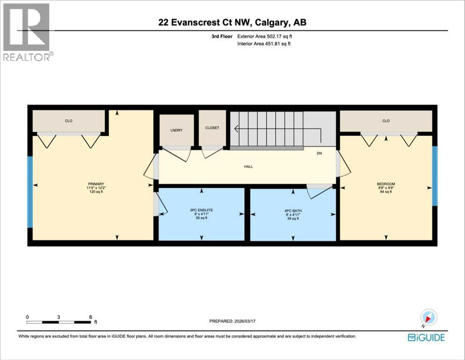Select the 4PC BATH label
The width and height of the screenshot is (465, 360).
pos(292,210)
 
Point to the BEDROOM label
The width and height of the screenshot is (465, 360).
pos(386,184)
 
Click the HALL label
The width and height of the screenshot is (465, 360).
pos(248,166)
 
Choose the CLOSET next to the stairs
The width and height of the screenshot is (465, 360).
pos(212,127)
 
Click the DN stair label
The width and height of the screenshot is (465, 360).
pos(319,153)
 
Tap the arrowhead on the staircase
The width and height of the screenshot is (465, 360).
pos(236,129)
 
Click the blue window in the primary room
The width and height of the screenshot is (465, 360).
pos(30,192)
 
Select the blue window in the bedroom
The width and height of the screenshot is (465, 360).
pos(435,176)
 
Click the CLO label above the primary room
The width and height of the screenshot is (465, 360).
pos(68,121)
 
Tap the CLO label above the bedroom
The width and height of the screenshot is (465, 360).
pos(386,121)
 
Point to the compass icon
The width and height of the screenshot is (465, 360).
pos(428,318)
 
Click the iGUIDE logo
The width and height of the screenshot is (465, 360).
pos(426,337)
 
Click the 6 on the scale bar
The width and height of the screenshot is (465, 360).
pos(90,317)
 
